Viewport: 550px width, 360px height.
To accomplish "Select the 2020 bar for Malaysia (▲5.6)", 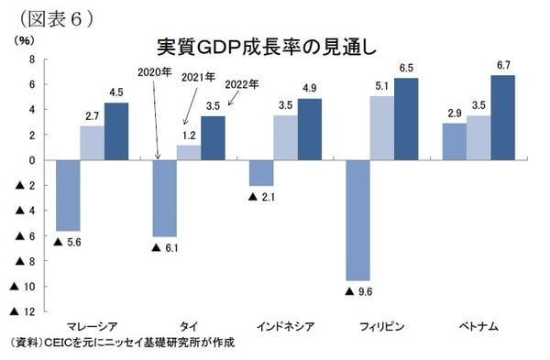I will tap(68, 195).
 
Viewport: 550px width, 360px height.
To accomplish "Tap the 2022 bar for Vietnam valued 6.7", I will tap(503, 117).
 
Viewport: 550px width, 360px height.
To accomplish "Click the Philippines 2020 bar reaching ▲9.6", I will tap(357, 220).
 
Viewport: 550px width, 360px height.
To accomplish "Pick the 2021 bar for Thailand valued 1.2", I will tap(188, 152).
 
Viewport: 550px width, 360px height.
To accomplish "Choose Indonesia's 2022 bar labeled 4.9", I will tap(309, 129).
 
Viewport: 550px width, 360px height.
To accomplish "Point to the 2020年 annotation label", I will tap(154, 71).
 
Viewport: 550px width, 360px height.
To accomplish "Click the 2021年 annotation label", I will tap(198, 78).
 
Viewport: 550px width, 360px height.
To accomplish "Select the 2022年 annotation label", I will tap(242, 84).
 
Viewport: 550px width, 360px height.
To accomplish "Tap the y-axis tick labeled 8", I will tap(33, 59).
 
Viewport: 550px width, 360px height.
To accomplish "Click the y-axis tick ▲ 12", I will tap(24, 312).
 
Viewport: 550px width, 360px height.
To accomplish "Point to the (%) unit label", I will tap(25, 41).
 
